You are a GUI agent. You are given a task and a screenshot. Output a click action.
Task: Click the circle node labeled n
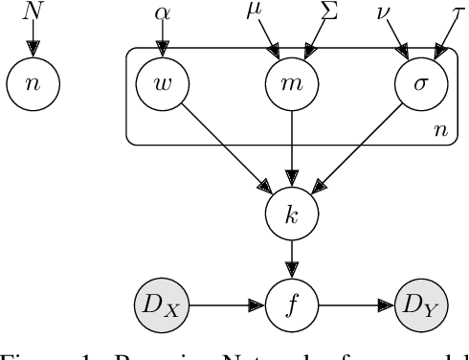click(33, 83)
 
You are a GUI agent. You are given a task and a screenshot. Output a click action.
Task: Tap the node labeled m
click(289, 83)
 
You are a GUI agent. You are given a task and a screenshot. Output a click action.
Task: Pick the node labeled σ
click(418, 83)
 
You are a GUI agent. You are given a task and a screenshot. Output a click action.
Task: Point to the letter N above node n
click(33, 12)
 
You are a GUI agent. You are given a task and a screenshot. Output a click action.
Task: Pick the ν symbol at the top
click(385, 13)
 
